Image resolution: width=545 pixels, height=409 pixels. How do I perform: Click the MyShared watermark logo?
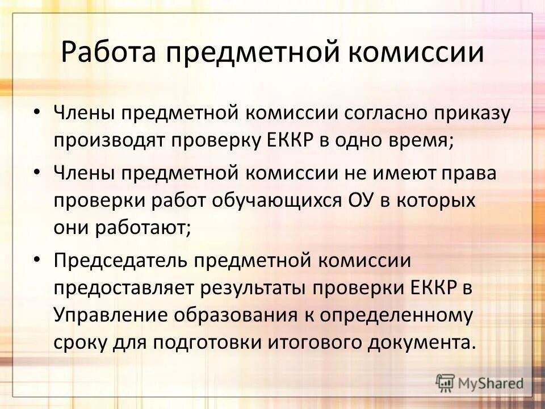coord(480,382)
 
